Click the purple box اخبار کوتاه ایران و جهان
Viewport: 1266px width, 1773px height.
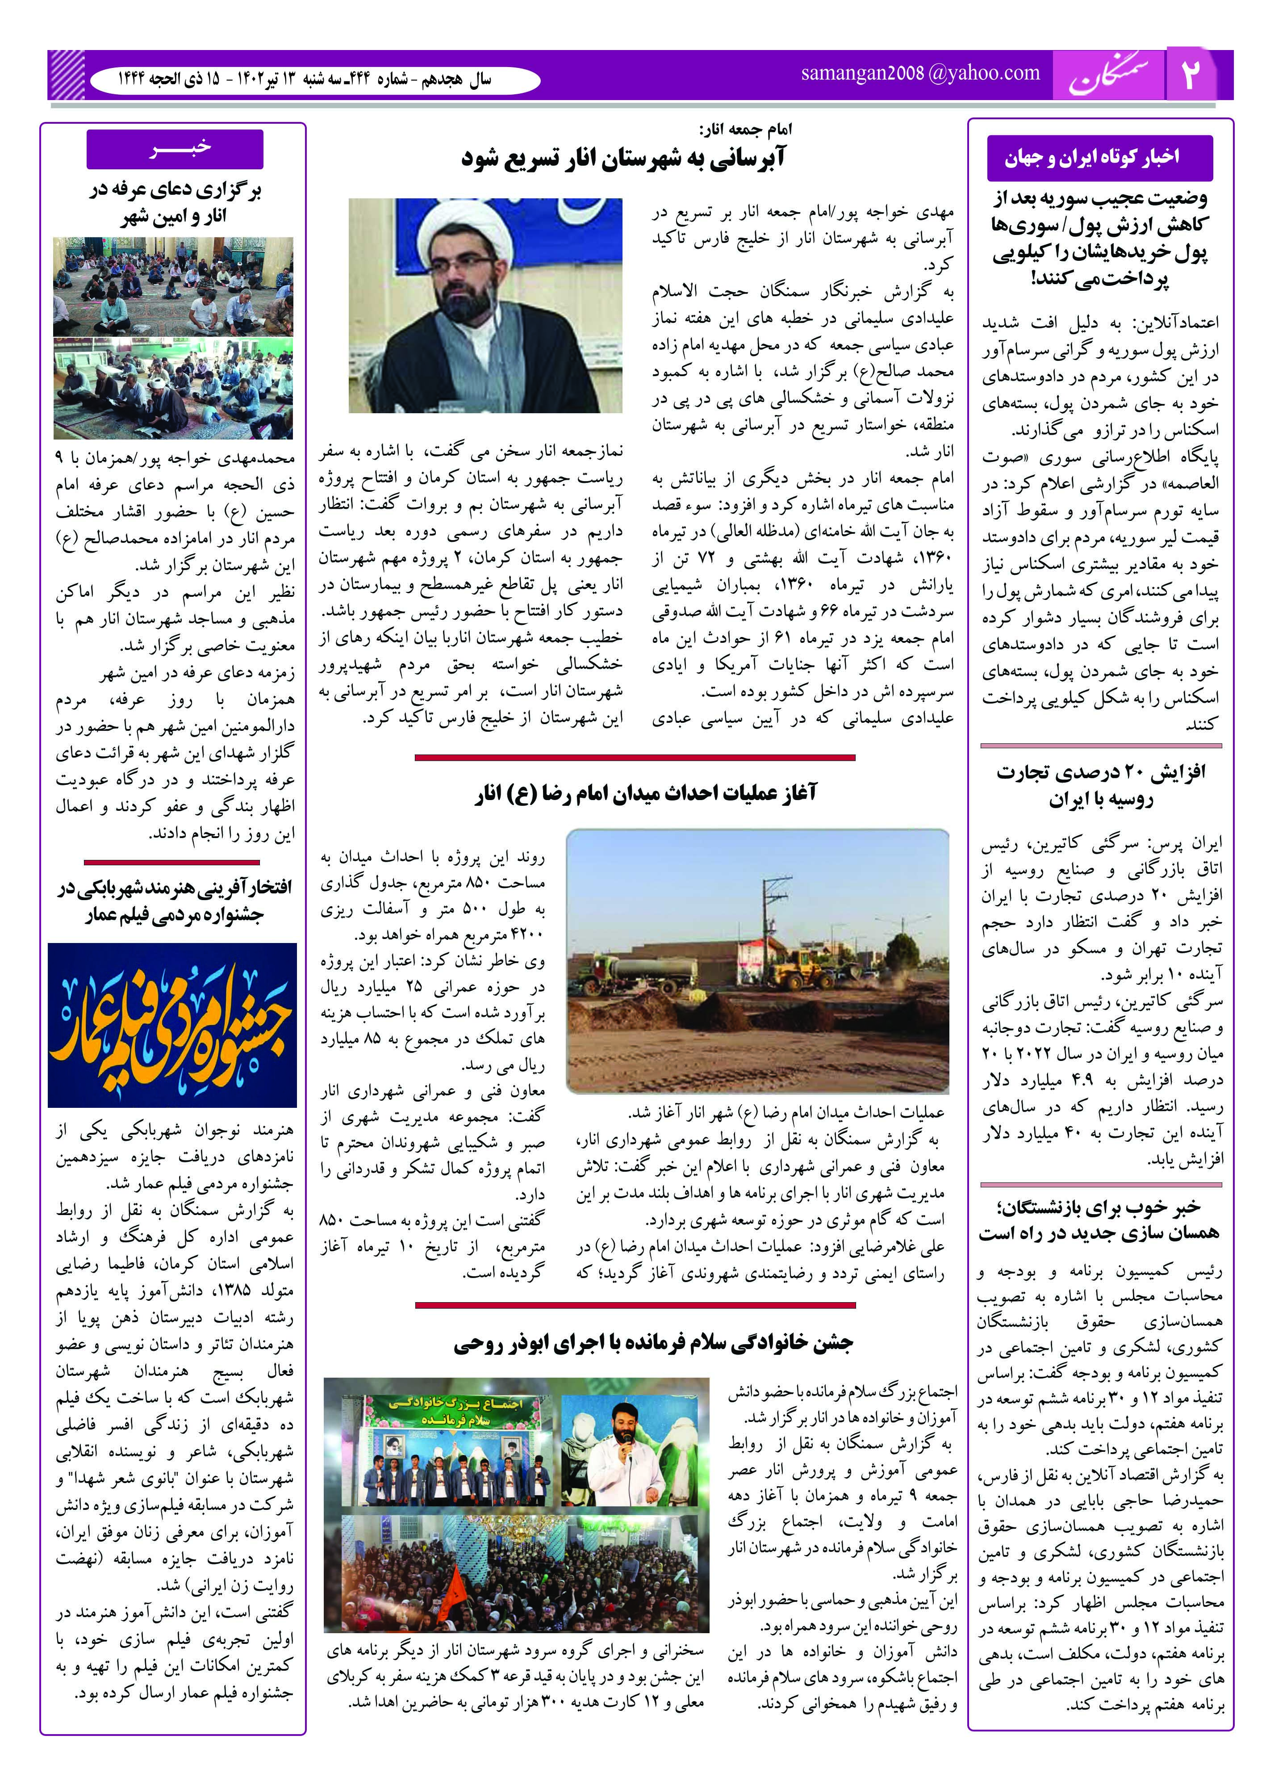coord(1099,158)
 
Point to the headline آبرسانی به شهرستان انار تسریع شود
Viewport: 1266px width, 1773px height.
coord(624,158)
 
